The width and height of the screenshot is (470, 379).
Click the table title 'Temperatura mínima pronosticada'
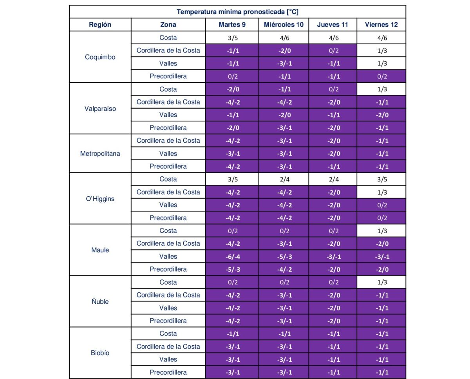click(x=237, y=12)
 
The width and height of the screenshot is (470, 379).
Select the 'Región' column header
click(x=100, y=25)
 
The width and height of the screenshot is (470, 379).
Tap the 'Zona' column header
click(x=168, y=25)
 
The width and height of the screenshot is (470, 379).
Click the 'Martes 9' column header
click(x=232, y=25)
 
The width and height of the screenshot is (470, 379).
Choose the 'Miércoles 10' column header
click(x=284, y=25)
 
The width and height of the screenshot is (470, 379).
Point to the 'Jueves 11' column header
click(x=333, y=25)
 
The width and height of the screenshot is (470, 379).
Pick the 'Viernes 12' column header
click(x=381, y=25)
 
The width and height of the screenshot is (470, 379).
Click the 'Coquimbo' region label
click(x=100, y=57)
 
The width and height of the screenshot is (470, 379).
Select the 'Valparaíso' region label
click(x=100, y=109)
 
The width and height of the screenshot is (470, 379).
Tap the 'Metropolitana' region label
click(x=100, y=154)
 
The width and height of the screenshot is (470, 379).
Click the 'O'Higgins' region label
click(x=100, y=199)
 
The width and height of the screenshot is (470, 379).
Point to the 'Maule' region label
click(x=100, y=250)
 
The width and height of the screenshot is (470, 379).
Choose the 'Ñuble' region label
click(x=100, y=302)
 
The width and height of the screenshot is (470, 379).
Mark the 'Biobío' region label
click(x=100, y=353)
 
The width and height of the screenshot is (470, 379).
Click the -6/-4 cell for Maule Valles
click(x=232, y=256)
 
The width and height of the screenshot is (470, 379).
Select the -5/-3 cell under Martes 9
click(x=232, y=269)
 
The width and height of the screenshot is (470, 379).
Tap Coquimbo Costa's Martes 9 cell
click(x=232, y=38)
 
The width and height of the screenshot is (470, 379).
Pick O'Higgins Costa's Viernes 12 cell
click(x=381, y=179)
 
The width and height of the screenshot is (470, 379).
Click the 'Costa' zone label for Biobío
click(x=168, y=334)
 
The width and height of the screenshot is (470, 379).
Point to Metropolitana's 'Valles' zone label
click(x=168, y=154)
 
